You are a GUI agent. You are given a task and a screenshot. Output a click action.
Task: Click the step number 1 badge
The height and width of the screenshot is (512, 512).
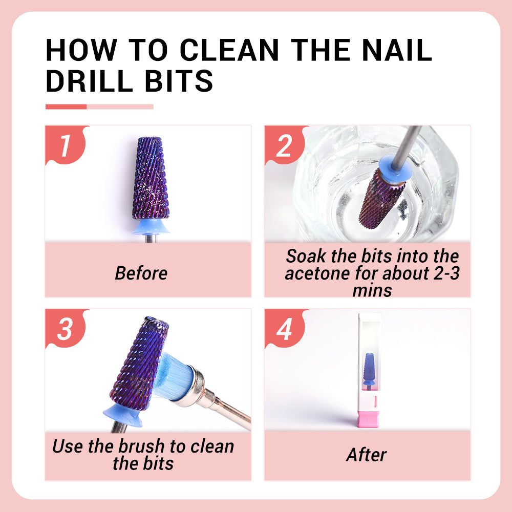(x=65, y=145)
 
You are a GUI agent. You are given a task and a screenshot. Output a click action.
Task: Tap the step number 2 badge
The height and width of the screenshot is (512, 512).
(x=284, y=145)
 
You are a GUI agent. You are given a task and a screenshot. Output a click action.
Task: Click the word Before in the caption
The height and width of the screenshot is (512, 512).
(x=141, y=273)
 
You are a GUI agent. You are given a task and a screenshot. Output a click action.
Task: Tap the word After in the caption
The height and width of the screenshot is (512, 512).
(x=366, y=455)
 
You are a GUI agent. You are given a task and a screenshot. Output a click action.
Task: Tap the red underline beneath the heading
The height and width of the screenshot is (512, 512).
(x=66, y=106)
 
